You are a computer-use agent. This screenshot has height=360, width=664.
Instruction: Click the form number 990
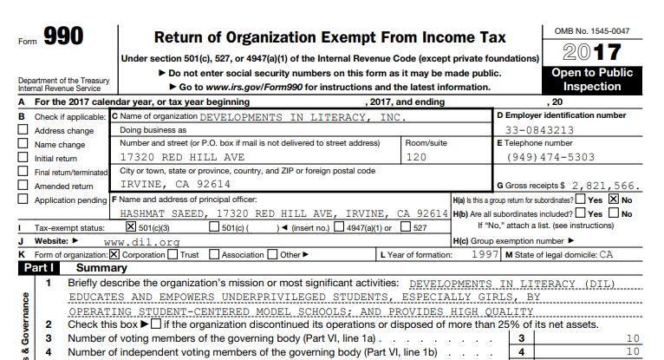62,37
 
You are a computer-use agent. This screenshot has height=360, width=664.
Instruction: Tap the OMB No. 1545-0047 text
592,31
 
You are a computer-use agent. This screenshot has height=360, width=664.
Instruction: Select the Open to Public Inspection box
592,80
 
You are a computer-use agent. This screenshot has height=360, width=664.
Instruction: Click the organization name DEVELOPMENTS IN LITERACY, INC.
303,116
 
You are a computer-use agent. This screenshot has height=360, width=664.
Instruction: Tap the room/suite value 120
418,158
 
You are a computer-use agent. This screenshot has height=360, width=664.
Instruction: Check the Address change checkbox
23,131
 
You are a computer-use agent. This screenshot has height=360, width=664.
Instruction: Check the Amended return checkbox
23,186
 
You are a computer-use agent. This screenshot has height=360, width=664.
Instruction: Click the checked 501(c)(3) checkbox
132,227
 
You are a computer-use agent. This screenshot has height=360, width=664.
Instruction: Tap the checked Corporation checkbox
114,255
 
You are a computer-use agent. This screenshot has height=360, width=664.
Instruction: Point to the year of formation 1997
483,255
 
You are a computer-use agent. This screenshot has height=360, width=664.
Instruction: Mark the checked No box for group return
615,200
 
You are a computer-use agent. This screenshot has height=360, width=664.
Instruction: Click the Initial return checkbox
23,158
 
